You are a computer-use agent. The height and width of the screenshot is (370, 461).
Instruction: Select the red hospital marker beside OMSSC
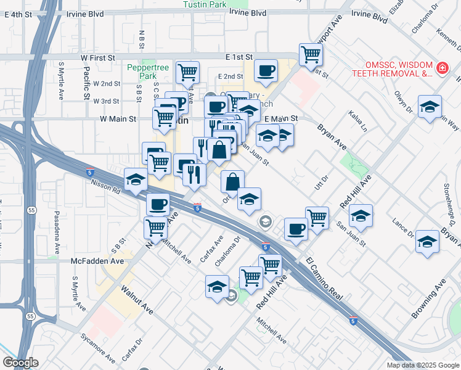pyautogui.click(x=442, y=68)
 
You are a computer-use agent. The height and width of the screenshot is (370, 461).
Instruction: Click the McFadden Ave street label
pyautogui.click(x=97, y=261)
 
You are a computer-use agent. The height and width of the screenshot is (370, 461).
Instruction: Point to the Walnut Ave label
pyautogui.click(x=137, y=299)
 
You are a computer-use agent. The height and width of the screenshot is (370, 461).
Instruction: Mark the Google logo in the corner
pyautogui.click(x=20, y=363)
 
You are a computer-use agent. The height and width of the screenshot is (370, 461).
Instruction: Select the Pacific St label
pyautogui.click(x=86, y=84)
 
